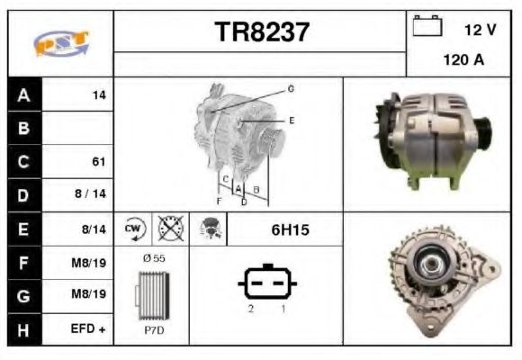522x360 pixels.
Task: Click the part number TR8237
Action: (261, 33)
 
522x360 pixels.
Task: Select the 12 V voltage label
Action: (480, 30)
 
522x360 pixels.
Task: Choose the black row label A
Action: (23, 94)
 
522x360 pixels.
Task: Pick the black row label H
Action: (23, 330)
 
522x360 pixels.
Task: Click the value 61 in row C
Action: (99, 162)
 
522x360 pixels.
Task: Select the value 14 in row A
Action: (99, 94)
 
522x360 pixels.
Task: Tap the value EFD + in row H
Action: (89, 330)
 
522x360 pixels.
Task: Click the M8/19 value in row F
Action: (89, 263)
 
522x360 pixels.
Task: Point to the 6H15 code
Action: (290, 230)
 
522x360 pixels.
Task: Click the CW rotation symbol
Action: (134, 229)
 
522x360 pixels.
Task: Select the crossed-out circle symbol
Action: (169, 229)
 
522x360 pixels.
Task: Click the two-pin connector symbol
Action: (266, 283)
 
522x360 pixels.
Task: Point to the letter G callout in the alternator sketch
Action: (291, 89)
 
